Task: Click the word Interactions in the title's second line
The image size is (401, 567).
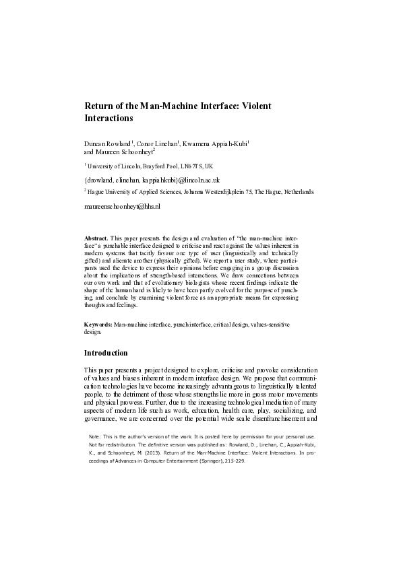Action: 109,118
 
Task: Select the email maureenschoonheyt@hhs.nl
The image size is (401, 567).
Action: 122,206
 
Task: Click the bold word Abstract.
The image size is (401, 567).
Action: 96,238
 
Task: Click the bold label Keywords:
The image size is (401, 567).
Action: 98,325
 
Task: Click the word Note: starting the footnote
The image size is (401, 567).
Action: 94,436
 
